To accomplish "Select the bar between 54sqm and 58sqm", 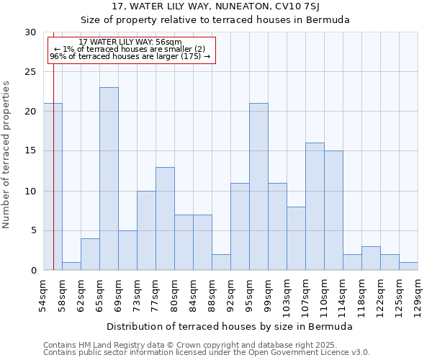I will (53, 186).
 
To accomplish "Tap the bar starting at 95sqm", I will (258, 186).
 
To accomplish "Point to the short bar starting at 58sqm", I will (71, 266).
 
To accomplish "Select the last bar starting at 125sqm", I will (408, 266).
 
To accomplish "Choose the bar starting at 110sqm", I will (333, 210).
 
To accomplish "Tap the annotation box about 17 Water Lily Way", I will (131, 50).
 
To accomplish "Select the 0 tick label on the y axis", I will (32, 270).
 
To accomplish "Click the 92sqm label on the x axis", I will (231, 294).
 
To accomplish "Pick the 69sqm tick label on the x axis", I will (119, 294).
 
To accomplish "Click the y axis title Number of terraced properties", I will (7, 155).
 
